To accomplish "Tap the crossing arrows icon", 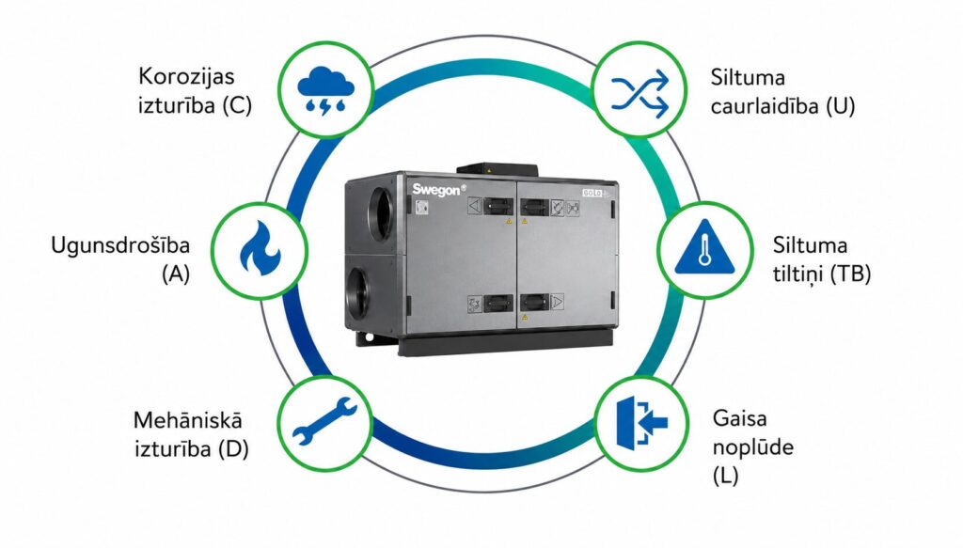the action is [639, 93].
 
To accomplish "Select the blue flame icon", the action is [260, 247].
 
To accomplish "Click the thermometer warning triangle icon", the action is [704, 246].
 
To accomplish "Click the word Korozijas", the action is [186, 77].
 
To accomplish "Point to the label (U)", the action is [840, 106].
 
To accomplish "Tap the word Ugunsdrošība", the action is [120, 245].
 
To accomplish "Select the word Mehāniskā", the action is [187, 420].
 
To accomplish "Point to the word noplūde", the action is [753, 446].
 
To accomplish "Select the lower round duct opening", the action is [358, 292].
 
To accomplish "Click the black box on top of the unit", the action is [497, 170].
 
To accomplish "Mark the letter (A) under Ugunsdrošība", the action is [176, 274].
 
